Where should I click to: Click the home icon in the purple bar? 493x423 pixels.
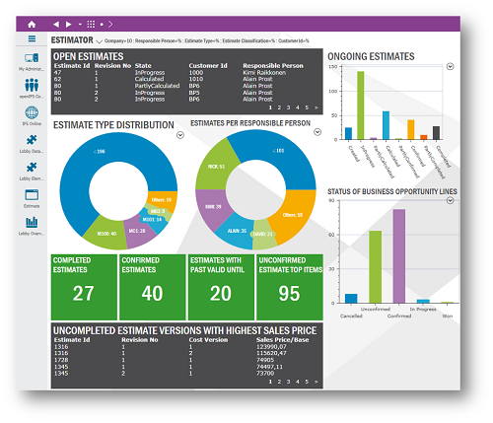coord(32,23)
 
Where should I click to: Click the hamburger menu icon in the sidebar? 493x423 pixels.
coord(32,40)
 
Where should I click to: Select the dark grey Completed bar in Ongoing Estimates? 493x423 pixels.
coord(436,132)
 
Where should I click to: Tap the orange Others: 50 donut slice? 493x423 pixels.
coord(292,213)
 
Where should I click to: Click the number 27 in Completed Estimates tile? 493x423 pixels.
coord(83,292)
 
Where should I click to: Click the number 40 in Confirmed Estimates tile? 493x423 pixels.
coord(151,293)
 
